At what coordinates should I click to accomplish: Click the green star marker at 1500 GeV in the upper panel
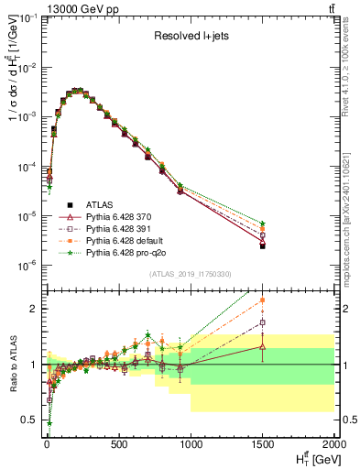pos(262,224)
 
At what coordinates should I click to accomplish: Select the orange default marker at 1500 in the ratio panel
pos(262,300)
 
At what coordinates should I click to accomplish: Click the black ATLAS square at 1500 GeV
pos(262,246)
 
